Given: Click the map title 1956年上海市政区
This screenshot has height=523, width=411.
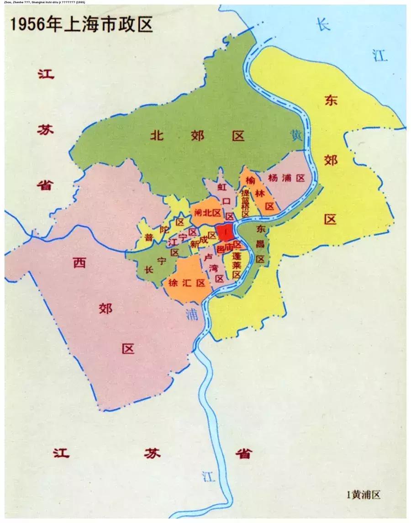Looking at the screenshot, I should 81,24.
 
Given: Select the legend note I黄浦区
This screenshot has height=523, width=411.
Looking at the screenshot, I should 364,494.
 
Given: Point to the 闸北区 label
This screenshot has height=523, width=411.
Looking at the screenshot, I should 207,213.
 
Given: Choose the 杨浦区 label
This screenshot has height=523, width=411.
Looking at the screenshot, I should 286,178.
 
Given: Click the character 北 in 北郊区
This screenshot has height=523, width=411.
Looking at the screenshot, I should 158,135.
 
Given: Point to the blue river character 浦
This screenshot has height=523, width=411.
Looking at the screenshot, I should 192,314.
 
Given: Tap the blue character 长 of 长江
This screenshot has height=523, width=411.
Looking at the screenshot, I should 323,25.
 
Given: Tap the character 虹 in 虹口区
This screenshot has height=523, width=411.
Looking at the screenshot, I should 222,187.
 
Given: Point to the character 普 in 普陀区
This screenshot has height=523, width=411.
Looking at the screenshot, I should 149,238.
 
